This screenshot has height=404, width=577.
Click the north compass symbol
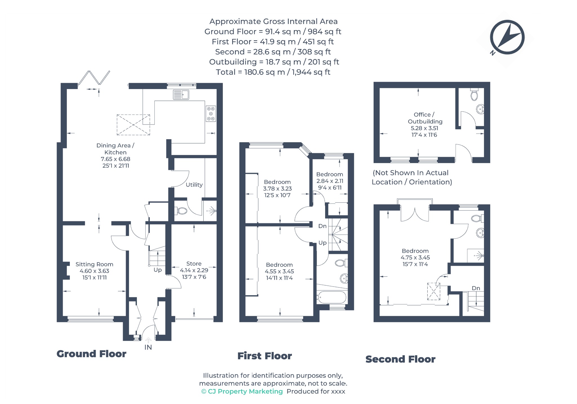point(507,37)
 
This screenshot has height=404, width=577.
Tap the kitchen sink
point(181,94)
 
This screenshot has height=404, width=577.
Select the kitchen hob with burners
point(211,114)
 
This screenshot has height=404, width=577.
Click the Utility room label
point(194,185)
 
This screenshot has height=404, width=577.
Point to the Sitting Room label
point(94,264)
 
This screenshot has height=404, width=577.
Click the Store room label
point(194,263)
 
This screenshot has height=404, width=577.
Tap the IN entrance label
point(148,347)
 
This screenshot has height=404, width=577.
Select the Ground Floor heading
point(92,354)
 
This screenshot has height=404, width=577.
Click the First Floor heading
point(265,356)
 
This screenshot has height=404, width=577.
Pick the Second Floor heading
point(400,359)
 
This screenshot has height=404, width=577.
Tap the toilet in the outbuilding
point(474,95)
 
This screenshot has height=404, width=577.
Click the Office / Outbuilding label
point(425,118)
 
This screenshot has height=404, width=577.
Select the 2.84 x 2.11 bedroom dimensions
point(330,181)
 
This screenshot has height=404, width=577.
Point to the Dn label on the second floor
point(476,288)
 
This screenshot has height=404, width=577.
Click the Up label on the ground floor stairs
point(158,270)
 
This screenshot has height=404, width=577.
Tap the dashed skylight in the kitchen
point(133,125)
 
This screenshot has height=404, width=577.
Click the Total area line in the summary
point(273,72)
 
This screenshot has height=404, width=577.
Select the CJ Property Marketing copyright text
point(242,391)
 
